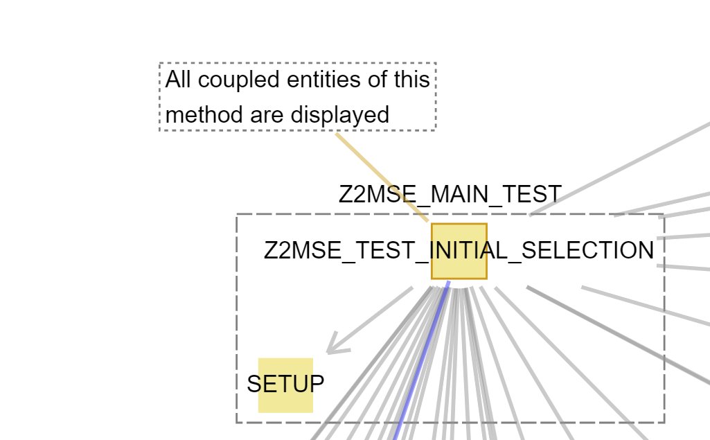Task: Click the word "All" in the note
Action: point(179,80)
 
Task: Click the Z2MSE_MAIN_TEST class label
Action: point(450,195)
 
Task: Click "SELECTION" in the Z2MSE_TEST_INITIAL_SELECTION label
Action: point(587,251)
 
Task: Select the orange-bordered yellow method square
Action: point(459,236)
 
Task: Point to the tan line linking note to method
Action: point(381,176)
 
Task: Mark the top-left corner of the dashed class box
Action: point(237,215)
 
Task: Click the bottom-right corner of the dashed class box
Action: point(664,422)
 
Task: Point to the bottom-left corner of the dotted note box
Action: point(160,130)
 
